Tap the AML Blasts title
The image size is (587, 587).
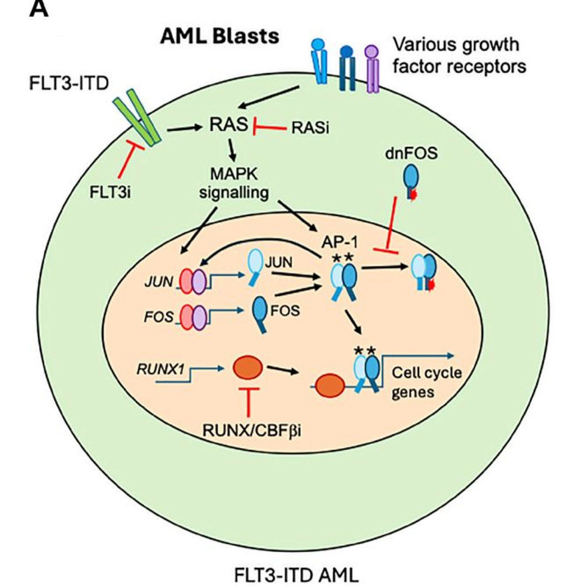click(x=219, y=36)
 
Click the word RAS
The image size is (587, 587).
click(x=229, y=125)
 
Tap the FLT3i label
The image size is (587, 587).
click(x=110, y=192)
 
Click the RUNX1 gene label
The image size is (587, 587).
click(x=160, y=369)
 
